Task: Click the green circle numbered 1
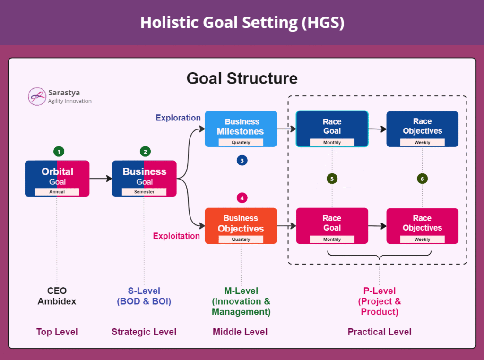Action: (59, 152)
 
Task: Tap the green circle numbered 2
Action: (146, 152)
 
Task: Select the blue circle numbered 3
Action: (242, 161)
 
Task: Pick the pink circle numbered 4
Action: (242, 198)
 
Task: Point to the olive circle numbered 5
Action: (332, 179)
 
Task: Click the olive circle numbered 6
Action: (423, 179)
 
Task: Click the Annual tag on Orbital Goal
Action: (57, 191)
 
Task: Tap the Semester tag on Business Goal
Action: (144, 191)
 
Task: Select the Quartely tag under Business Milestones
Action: (241, 142)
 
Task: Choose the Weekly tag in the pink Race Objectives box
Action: (423, 240)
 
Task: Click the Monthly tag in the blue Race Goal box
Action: (332, 142)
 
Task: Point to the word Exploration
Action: (178, 118)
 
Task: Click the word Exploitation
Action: (177, 236)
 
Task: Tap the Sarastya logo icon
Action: (37, 96)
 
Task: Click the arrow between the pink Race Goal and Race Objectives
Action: (377, 226)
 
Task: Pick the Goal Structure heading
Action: (242, 78)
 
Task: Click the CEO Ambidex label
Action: (57, 296)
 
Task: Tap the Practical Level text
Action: (380, 332)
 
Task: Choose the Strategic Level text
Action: (144, 332)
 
